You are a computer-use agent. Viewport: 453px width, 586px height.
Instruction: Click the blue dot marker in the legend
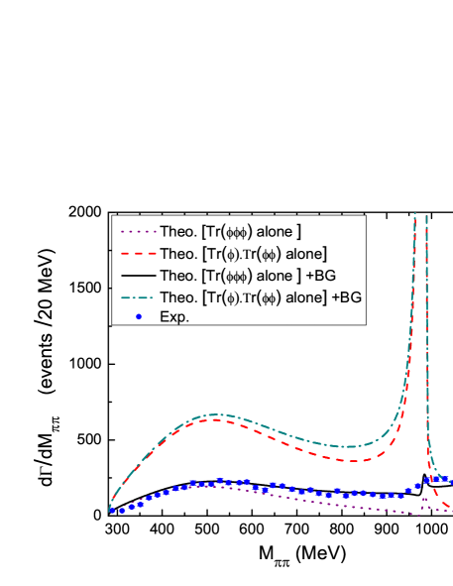(x=138, y=316)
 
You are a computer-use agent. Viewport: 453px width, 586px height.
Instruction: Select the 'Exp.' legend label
(x=174, y=317)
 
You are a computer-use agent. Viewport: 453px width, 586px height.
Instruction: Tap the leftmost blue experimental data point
(x=111, y=511)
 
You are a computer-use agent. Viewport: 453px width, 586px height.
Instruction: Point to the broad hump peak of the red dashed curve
(x=213, y=421)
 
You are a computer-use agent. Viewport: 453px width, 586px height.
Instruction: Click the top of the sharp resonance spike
(x=425, y=216)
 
